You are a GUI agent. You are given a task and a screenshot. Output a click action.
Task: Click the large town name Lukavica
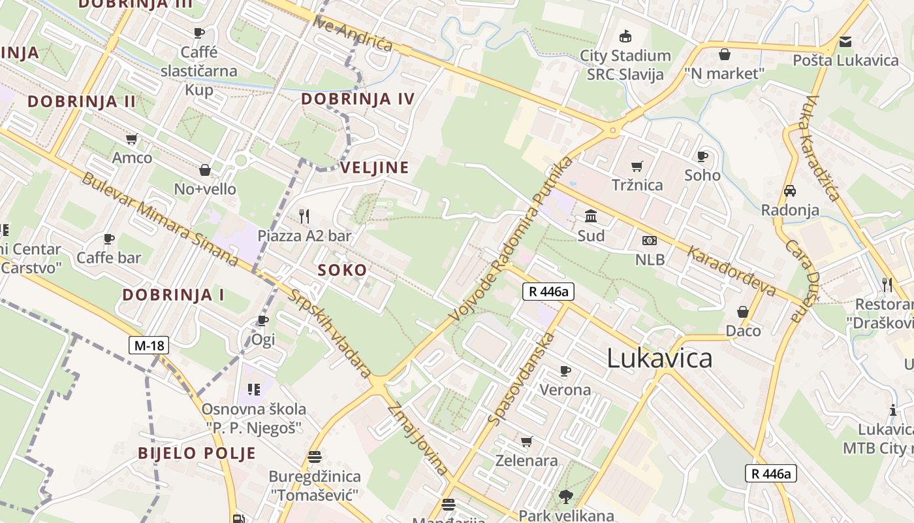[x=659, y=359]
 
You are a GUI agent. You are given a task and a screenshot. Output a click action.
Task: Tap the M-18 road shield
[x=149, y=345]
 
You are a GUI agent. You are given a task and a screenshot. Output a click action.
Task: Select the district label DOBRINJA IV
[x=358, y=99]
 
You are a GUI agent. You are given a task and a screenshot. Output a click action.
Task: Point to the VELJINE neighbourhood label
[x=375, y=167]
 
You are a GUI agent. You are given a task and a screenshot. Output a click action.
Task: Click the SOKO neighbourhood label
[x=342, y=270]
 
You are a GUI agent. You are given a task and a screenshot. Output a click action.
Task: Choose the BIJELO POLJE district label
[x=197, y=453]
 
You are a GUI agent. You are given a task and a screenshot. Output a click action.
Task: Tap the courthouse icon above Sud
[x=591, y=216]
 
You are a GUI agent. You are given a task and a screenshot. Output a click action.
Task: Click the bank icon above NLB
[x=650, y=241]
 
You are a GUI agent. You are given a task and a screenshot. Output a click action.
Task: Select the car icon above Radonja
[x=790, y=191]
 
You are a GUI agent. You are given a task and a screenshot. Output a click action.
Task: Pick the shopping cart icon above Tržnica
[x=637, y=166]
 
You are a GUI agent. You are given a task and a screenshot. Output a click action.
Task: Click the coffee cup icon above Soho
[x=702, y=156]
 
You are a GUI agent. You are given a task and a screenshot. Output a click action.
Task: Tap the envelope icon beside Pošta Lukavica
[x=845, y=42]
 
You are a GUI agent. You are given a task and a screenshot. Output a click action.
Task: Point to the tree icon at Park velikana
[x=566, y=497]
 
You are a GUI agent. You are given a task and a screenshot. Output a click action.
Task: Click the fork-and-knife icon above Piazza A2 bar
[x=304, y=216]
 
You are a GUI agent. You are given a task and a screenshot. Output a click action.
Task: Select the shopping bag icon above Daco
[x=743, y=312]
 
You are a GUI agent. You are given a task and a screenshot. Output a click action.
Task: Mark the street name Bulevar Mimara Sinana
[x=159, y=218]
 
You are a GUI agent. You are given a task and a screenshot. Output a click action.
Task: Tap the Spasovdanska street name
[x=522, y=379]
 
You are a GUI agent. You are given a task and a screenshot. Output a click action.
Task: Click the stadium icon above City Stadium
[x=625, y=36]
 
